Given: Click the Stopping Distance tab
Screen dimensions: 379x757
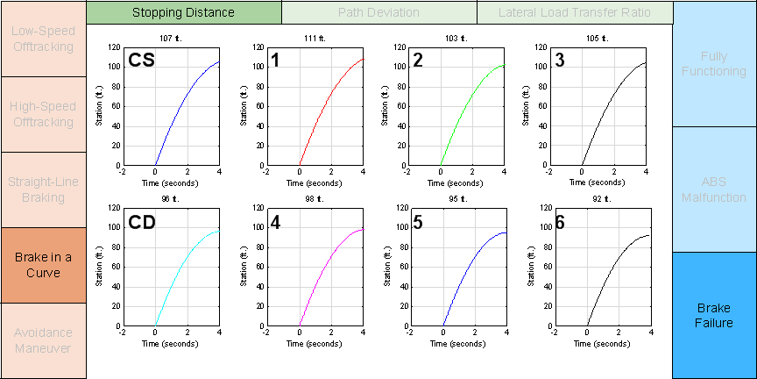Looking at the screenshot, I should (x=184, y=12).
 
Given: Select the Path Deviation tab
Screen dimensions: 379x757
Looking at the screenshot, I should (x=378, y=12).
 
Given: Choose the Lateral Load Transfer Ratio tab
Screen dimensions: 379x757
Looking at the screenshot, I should (x=575, y=12).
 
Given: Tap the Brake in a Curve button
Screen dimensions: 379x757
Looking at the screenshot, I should (x=43, y=265).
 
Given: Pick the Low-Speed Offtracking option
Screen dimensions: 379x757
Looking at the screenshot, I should (x=43, y=39).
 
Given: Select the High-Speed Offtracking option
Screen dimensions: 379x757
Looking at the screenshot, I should (x=43, y=114).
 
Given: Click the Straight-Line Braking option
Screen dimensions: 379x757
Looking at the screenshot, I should (x=43, y=189).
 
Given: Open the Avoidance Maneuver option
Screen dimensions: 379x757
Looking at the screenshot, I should (x=43, y=340).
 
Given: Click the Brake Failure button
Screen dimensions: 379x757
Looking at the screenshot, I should (x=715, y=316).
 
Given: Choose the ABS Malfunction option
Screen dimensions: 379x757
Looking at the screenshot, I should (x=715, y=189).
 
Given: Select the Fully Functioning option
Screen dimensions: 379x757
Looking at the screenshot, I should (x=715, y=63).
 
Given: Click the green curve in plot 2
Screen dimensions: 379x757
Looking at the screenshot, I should (x=464, y=106).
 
